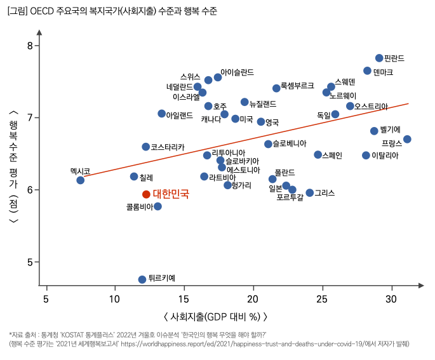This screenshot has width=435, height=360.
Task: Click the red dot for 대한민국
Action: (x=146, y=194)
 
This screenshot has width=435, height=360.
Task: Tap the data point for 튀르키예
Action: (x=142, y=279)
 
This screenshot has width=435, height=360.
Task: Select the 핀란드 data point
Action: (x=379, y=58)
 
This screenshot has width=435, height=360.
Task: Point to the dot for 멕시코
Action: (x=81, y=180)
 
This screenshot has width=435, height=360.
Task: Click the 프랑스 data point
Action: (x=407, y=139)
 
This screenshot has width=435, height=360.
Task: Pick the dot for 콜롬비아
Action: (x=157, y=206)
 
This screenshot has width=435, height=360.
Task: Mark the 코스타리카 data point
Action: (x=146, y=147)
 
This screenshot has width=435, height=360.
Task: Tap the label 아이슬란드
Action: (x=237, y=72)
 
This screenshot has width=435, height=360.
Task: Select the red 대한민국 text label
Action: (x=171, y=194)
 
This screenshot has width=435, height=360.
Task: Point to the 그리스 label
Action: (x=325, y=192)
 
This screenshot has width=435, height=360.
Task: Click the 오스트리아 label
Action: (x=371, y=106)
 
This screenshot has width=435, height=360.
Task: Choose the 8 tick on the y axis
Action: (x=29, y=46)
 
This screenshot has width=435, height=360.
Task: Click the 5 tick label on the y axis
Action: (x=29, y=262)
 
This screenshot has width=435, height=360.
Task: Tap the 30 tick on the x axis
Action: (x=391, y=299)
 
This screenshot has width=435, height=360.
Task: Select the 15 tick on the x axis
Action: (x=184, y=299)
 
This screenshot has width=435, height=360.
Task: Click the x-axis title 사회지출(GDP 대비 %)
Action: (x=216, y=316)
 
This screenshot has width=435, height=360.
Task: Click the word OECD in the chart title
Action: (x=43, y=12)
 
